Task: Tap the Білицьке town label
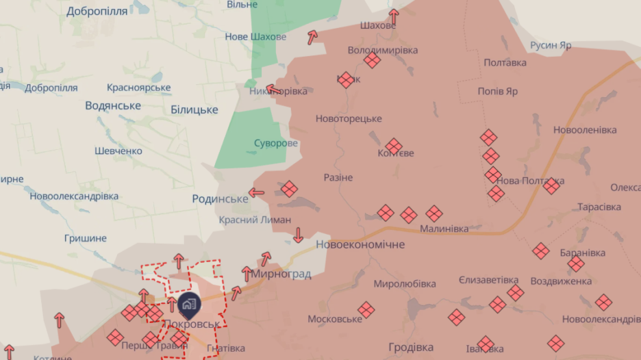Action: [x=194, y=110]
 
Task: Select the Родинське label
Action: [x=220, y=198]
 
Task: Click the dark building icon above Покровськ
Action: [x=189, y=303]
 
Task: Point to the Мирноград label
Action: [x=281, y=274]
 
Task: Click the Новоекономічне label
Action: [x=360, y=244]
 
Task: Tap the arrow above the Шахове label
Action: [x=393, y=14]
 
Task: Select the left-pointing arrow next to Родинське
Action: [x=256, y=192]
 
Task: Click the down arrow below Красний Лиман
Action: [x=298, y=235]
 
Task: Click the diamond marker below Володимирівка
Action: [x=372, y=60]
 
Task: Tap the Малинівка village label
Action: [x=444, y=229]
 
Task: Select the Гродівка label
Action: [x=411, y=346]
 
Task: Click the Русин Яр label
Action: [x=551, y=45]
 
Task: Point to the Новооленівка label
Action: [x=585, y=129]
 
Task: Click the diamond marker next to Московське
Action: [x=366, y=310]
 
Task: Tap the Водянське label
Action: [x=113, y=105]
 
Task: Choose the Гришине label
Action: [x=86, y=238]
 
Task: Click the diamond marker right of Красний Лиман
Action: [x=289, y=189]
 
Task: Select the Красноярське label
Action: [x=139, y=88]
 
